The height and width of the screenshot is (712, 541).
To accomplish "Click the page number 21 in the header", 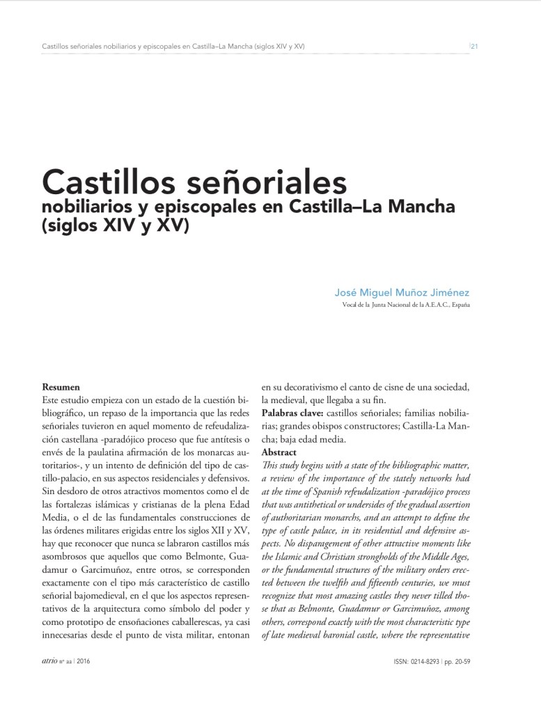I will [473, 47].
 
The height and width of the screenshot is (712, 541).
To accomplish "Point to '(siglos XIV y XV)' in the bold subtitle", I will [115, 226].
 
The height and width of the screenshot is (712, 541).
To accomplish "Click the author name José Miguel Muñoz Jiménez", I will [402, 293].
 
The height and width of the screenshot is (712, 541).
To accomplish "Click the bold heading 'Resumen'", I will [61, 386].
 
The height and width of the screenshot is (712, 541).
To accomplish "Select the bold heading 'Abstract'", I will [279, 452].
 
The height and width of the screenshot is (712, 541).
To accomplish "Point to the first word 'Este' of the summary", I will [52, 399].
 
